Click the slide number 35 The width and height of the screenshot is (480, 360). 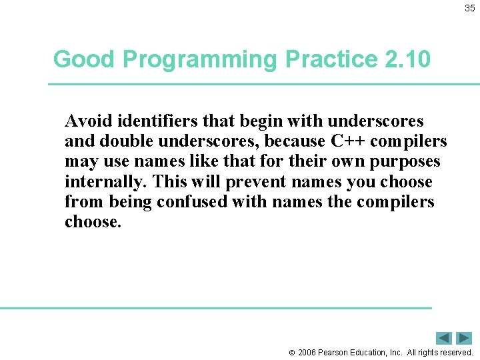click(x=470, y=8)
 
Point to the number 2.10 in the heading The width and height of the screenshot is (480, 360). click(x=407, y=59)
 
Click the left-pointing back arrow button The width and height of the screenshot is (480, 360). click(x=444, y=338)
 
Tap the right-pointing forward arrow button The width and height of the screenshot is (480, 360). click(x=464, y=338)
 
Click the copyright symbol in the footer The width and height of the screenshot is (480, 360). click(x=292, y=353)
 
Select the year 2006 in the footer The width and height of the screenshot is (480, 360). click(x=307, y=353)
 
